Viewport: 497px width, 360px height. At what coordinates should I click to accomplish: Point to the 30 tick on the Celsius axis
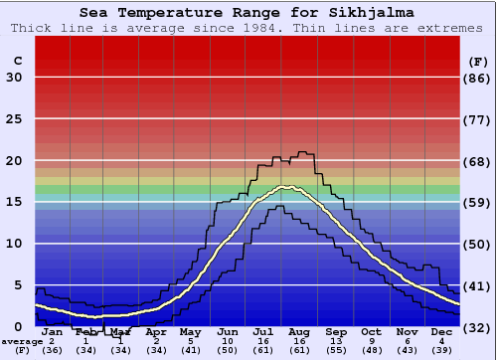(14, 78)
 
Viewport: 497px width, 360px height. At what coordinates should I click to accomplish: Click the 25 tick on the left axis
(14, 119)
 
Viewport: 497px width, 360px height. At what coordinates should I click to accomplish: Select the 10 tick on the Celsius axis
(14, 244)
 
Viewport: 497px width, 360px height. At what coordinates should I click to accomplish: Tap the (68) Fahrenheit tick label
(478, 161)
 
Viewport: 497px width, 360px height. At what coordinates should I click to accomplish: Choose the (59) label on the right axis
(478, 202)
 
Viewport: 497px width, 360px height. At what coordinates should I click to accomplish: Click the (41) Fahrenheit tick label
(478, 285)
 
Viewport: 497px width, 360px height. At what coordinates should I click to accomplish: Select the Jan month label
(52, 331)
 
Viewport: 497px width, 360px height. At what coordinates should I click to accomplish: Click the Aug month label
(300, 331)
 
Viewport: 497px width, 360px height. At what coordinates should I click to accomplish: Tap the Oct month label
(371, 331)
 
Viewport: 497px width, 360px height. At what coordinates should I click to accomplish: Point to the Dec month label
(441, 331)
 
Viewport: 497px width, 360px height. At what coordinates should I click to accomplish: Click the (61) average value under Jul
(263, 350)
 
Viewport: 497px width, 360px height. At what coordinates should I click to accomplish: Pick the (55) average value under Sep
(335, 350)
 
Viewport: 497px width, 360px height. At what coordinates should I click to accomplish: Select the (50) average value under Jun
(228, 350)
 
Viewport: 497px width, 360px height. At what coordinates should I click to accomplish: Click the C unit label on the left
(17, 62)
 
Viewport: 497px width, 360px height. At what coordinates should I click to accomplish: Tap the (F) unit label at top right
(477, 62)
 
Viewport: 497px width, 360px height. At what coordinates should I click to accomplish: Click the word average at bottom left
(22, 341)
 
